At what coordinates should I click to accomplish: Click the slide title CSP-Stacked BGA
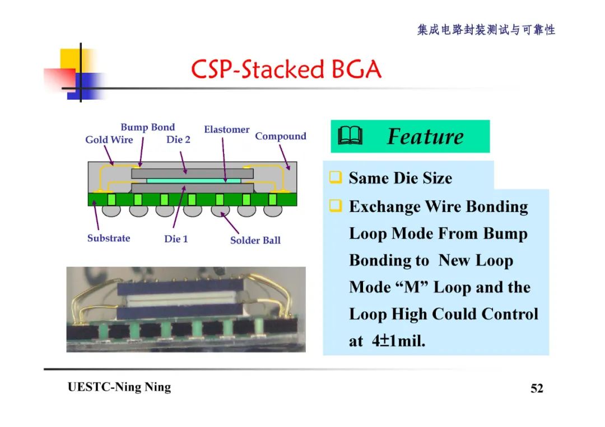tap(286, 70)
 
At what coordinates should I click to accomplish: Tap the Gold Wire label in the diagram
tap(109, 139)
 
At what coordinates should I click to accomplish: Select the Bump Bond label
tap(147, 127)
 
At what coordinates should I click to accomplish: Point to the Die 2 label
tap(178, 139)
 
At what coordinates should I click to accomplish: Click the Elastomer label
tap(226, 129)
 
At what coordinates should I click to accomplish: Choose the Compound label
tap(281, 136)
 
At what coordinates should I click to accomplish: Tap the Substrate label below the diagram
tap(108, 238)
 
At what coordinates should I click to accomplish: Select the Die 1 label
tap(176, 239)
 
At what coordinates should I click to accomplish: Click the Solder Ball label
tap(255, 240)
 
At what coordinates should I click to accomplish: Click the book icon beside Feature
tap(351, 136)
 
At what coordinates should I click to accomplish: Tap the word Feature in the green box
tap(425, 136)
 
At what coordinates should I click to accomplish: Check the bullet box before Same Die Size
tap(335, 178)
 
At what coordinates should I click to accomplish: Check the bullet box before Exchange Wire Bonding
tap(335, 207)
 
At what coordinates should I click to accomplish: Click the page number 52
tap(537, 388)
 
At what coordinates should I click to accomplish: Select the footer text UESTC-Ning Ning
tap(119, 387)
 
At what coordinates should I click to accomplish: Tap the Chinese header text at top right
tap(486, 30)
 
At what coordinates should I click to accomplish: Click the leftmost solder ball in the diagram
tap(112, 211)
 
